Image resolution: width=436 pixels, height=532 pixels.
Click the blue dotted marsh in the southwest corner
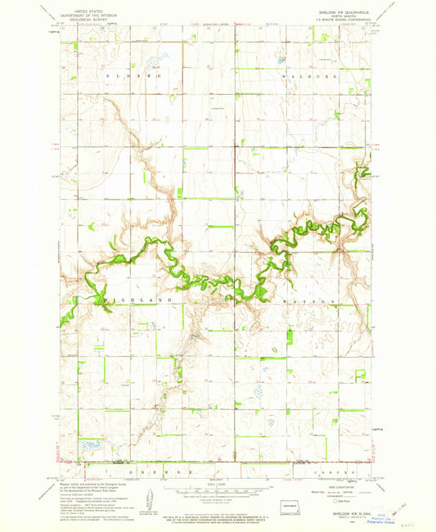[x=88, y=446]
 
